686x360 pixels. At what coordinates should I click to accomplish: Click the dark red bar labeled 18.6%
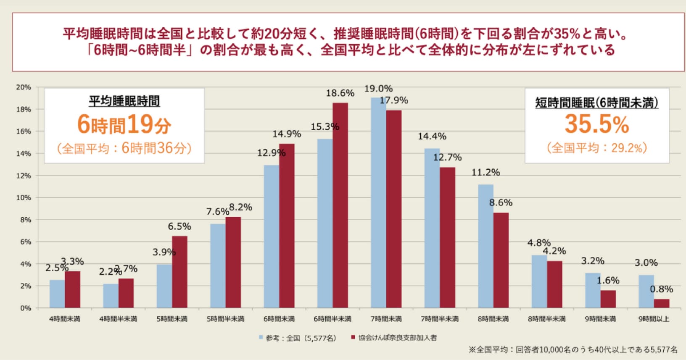tap(340, 205)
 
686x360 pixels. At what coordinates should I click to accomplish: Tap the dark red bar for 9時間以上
tap(662, 303)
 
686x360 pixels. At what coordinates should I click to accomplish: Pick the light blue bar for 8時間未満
tap(485, 246)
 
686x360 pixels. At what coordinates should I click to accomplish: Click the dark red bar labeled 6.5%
tap(179, 272)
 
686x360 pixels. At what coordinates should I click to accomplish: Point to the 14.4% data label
tap(432, 136)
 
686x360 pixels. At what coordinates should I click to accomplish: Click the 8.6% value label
tap(501, 202)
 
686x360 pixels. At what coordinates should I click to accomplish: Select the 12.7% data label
tap(447, 157)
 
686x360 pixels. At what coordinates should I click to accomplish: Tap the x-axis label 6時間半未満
tap(332, 319)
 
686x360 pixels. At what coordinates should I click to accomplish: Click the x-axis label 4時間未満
tap(64, 319)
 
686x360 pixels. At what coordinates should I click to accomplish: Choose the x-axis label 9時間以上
tap(654, 319)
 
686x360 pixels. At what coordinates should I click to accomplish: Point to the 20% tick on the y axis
tap(24, 87)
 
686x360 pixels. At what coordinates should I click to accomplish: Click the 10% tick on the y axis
tap(24, 197)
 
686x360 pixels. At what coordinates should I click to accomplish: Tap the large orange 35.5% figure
tap(596, 124)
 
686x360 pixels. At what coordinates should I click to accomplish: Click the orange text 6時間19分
tap(124, 125)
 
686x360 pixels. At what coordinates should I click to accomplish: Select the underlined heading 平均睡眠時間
tap(124, 101)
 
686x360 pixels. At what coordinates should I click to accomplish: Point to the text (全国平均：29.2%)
tap(596, 148)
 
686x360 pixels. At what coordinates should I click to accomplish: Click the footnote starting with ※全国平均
tap(573, 349)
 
